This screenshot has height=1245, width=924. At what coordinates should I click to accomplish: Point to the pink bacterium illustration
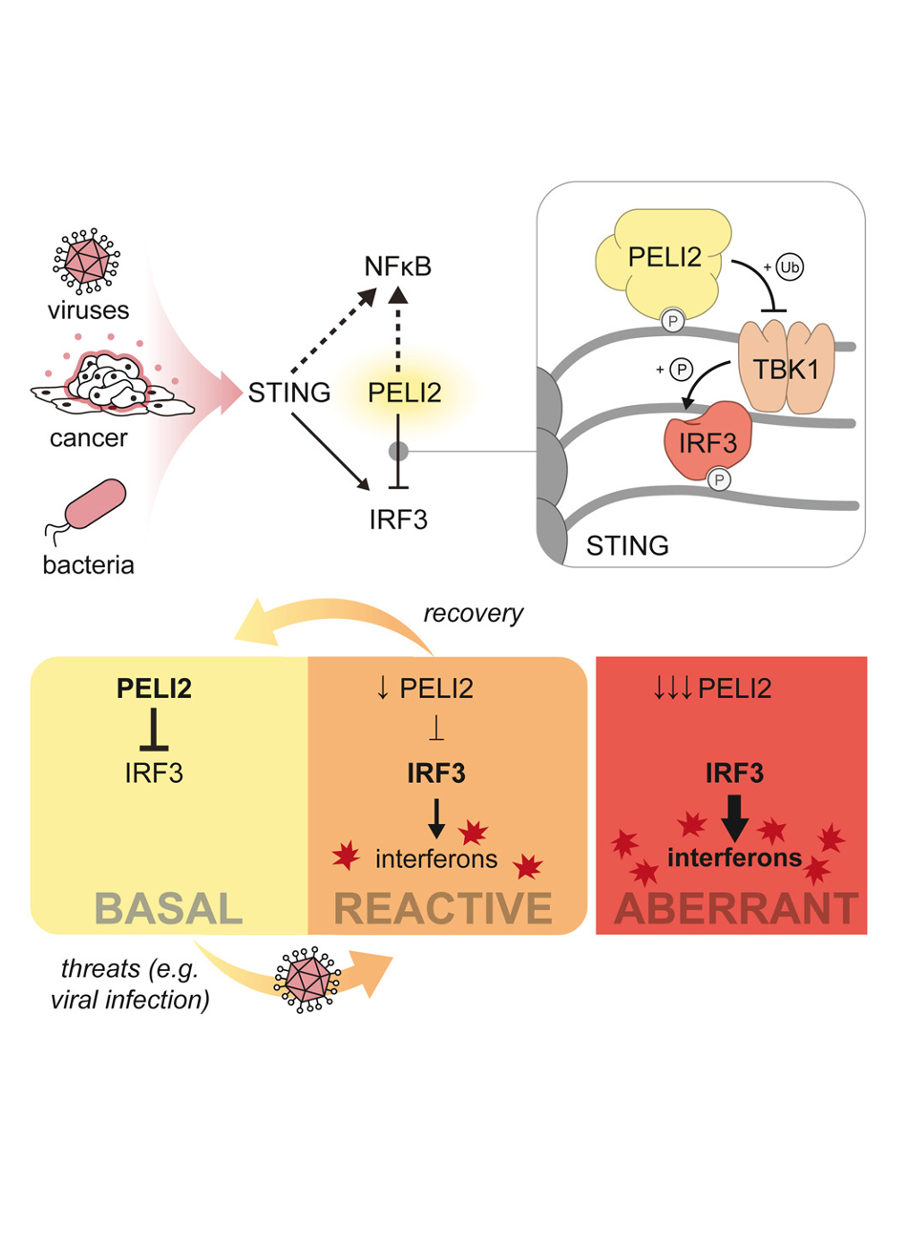tap(94, 504)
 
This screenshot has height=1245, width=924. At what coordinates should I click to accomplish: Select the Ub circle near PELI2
tap(789, 267)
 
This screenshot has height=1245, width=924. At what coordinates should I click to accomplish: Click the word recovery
tap(473, 613)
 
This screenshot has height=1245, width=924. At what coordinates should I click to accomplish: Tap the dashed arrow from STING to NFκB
tap(333, 331)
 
